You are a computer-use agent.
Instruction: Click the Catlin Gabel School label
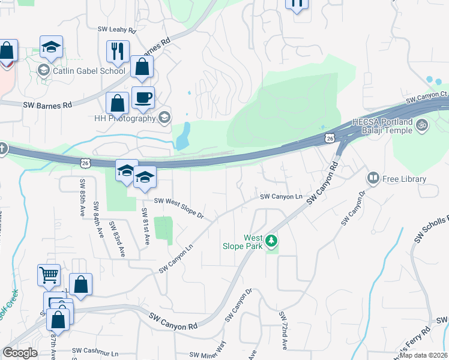88,71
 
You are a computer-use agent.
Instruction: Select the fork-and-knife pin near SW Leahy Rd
116,52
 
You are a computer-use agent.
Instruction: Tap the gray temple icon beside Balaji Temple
423,125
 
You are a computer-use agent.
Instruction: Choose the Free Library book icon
373,179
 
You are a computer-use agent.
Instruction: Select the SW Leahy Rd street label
117,29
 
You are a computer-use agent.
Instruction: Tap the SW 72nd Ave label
283,330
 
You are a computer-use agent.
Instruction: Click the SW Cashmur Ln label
95,350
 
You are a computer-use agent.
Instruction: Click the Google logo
20,353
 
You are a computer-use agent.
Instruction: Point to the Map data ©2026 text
424,355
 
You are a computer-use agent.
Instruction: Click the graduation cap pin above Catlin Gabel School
52,47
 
